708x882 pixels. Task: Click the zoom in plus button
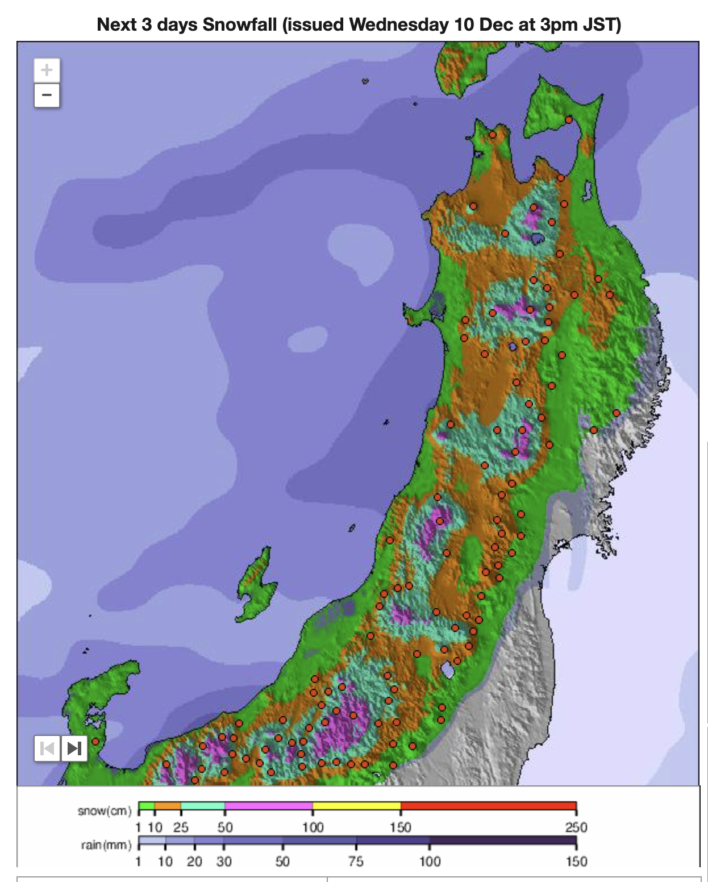coord(47,70)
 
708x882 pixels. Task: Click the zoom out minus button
coord(47,95)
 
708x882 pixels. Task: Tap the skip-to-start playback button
coord(47,748)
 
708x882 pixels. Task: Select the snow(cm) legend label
coord(105,811)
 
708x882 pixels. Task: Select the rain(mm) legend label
coord(106,845)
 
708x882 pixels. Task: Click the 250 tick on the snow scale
coord(576,827)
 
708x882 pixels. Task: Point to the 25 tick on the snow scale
coord(181,827)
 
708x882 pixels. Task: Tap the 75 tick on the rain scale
coord(356,862)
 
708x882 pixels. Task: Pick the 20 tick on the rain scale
coord(194,862)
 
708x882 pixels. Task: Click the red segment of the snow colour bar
coord(488,806)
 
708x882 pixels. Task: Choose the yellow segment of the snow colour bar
coord(356,806)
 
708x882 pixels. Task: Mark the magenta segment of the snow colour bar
coord(268,806)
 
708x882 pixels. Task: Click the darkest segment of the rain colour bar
coord(502,841)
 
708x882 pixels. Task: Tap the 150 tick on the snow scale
coord(401,827)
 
